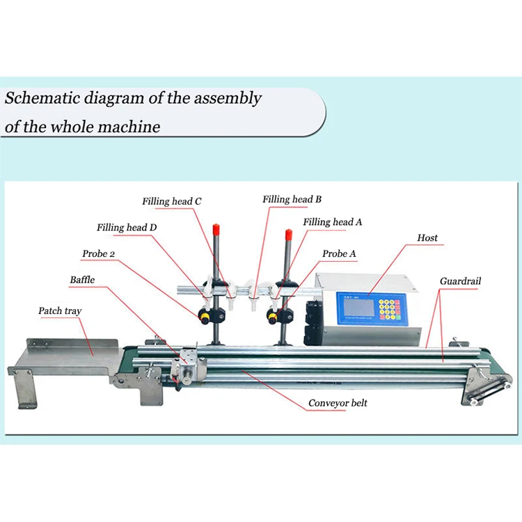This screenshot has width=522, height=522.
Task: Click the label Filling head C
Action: point(172,202)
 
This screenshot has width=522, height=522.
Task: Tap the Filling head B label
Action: point(292,200)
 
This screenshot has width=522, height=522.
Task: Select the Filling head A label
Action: point(332,222)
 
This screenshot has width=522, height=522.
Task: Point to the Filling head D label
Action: point(127,228)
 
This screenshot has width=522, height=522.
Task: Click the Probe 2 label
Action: point(99,254)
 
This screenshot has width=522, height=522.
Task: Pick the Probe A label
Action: point(339,254)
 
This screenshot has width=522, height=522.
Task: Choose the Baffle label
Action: point(82,280)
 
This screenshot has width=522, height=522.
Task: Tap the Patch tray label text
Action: point(60,311)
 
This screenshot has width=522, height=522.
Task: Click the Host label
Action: point(427,238)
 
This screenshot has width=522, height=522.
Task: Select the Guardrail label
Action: point(460,282)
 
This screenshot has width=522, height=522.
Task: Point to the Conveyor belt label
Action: point(338,403)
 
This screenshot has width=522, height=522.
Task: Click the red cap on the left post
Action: point(216,228)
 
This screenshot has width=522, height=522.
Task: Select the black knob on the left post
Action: point(207,315)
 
